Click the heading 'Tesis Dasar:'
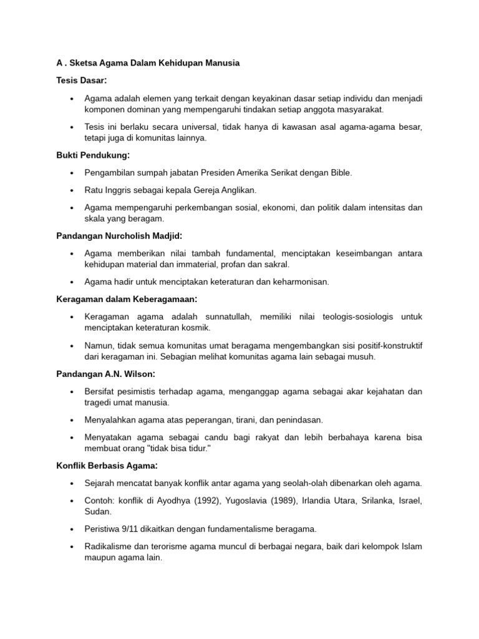click(x=81, y=80)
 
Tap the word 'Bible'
click(x=341, y=173)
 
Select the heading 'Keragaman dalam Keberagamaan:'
click(x=123, y=299)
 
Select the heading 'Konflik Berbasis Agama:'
click(x=106, y=466)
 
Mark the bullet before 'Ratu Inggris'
click(x=72, y=190)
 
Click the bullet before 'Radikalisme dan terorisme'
click(x=72, y=547)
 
